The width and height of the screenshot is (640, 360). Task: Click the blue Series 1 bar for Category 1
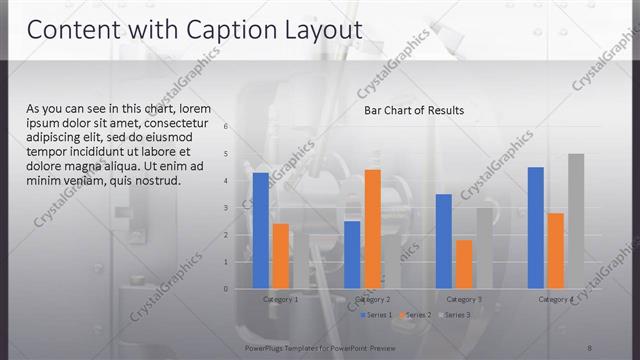coord(261,231)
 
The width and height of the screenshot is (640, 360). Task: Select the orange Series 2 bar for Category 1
coord(280,256)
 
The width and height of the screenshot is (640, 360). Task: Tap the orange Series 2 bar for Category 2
coord(372,229)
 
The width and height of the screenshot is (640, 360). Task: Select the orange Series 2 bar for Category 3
coord(463,264)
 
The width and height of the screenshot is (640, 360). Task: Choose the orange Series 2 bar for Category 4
coord(555,251)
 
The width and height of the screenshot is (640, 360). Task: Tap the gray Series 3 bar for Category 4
coord(575,221)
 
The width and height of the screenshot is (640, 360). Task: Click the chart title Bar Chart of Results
coord(414,110)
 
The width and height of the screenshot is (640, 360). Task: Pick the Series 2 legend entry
coord(415,315)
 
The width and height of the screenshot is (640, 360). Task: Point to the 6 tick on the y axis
coord(226,127)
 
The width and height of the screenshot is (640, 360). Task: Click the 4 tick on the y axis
coord(226,181)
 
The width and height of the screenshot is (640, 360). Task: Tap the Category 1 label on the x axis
coord(280,299)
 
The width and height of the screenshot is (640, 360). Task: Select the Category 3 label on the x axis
coord(463,299)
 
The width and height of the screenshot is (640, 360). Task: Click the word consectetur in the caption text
coord(175,123)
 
